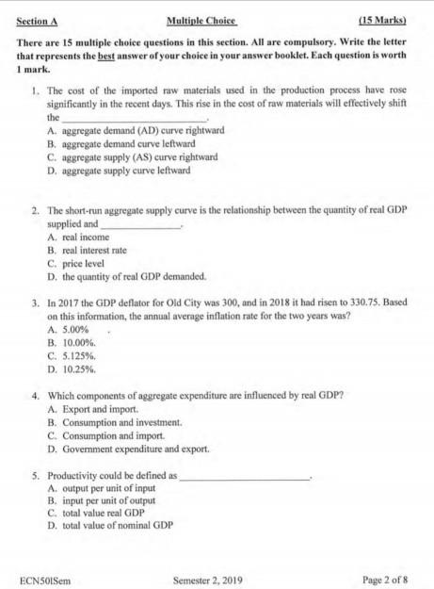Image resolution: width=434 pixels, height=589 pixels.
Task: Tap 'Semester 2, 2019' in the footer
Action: [x=208, y=579]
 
